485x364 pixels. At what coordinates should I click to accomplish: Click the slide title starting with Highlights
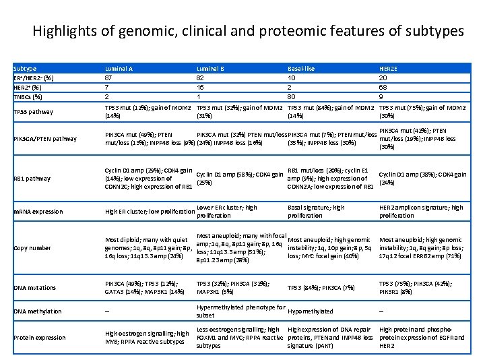click(x=248, y=31)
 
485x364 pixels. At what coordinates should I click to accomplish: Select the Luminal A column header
click(x=119, y=69)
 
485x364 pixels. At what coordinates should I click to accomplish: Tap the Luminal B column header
click(x=210, y=69)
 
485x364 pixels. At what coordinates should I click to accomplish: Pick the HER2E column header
click(x=389, y=69)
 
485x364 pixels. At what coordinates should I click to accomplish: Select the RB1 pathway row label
click(x=32, y=179)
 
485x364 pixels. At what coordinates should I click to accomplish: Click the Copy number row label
click(x=32, y=248)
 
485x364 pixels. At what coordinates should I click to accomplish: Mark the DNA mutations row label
click(x=35, y=288)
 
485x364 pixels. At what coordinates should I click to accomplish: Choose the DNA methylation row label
click(x=38, y=311)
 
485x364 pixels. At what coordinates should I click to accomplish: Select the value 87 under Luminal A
click(x=108, y=78)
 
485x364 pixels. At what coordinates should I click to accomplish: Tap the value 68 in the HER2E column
click(x=383, y=86)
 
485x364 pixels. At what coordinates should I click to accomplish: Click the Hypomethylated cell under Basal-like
click(x=310, y=311)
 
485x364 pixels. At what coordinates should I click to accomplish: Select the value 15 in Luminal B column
click(x=200, y=86)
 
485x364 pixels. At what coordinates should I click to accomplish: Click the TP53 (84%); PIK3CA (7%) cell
click(x=321, y=288)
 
